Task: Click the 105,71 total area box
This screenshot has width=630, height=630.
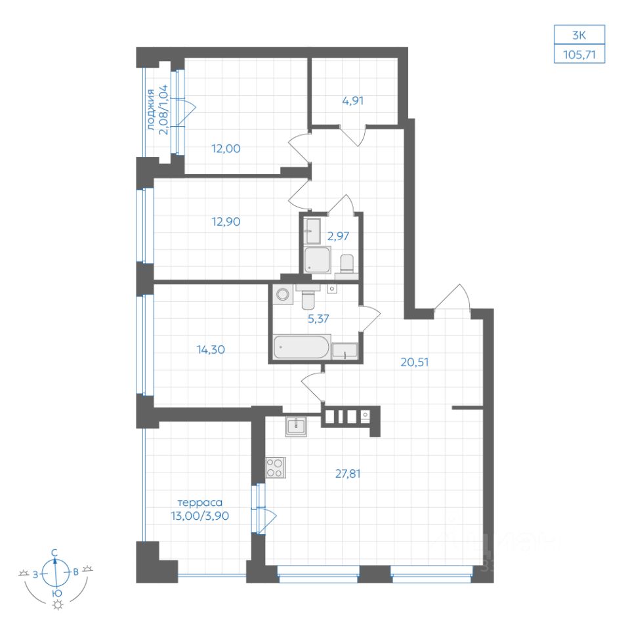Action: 579,54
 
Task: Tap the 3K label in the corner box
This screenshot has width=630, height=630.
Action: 579,35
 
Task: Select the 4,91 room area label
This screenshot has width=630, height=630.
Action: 353,100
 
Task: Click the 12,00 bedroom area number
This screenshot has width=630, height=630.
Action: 226,149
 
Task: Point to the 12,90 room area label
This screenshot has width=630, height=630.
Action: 226,221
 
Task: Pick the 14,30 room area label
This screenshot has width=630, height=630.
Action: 211,350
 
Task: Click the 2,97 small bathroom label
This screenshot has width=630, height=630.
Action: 338,236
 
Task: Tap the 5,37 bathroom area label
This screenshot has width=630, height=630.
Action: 318,319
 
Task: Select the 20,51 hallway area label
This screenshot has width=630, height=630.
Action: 414,362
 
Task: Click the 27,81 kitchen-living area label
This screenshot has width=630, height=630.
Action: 348,474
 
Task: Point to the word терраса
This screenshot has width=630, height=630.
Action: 199,503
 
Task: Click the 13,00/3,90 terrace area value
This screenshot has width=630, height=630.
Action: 199,516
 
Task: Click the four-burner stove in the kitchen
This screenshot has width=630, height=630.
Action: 276,468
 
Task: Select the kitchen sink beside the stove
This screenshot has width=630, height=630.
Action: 296,426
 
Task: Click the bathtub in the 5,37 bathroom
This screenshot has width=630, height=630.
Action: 302,346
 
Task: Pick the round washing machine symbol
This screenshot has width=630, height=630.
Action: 282,294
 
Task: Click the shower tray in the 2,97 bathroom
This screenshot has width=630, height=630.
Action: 318,260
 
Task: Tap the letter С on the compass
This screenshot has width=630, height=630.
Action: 54,553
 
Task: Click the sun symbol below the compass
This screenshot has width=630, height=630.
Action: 58,605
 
